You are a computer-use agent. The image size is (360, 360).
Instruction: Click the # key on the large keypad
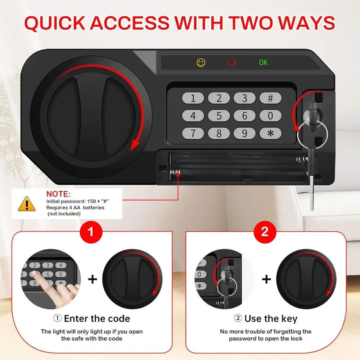click(270, 98)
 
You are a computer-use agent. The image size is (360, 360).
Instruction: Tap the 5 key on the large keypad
click(219, 116)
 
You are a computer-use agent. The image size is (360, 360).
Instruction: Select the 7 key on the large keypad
click(193, 133)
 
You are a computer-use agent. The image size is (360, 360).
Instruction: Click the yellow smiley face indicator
click(201, 63)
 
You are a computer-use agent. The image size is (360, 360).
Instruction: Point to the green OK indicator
click(263, 63)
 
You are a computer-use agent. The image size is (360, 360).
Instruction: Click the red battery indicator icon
click(232, 63)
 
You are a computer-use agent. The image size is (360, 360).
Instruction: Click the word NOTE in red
click(59, 194)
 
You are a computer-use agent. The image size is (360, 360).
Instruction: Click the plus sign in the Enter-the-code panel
click(93, 279)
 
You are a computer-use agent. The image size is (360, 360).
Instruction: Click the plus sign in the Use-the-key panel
click(266, 279)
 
